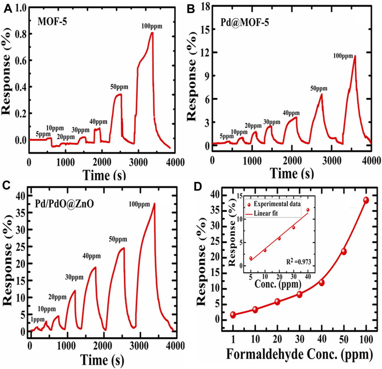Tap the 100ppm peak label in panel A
point(152,26)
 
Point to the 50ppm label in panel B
point(319,88)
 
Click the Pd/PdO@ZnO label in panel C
point(65,204)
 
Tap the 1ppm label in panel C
point(38,319)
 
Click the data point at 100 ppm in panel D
point(366,200)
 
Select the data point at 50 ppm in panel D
point(344,251)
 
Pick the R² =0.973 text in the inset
point(298,261)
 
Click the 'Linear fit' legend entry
point(266,213)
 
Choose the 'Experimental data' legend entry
point(277,204)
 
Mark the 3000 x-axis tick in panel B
point(331,161)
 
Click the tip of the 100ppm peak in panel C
point(154,203)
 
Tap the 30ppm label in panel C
point(74,277)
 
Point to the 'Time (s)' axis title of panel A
point(104,175)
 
